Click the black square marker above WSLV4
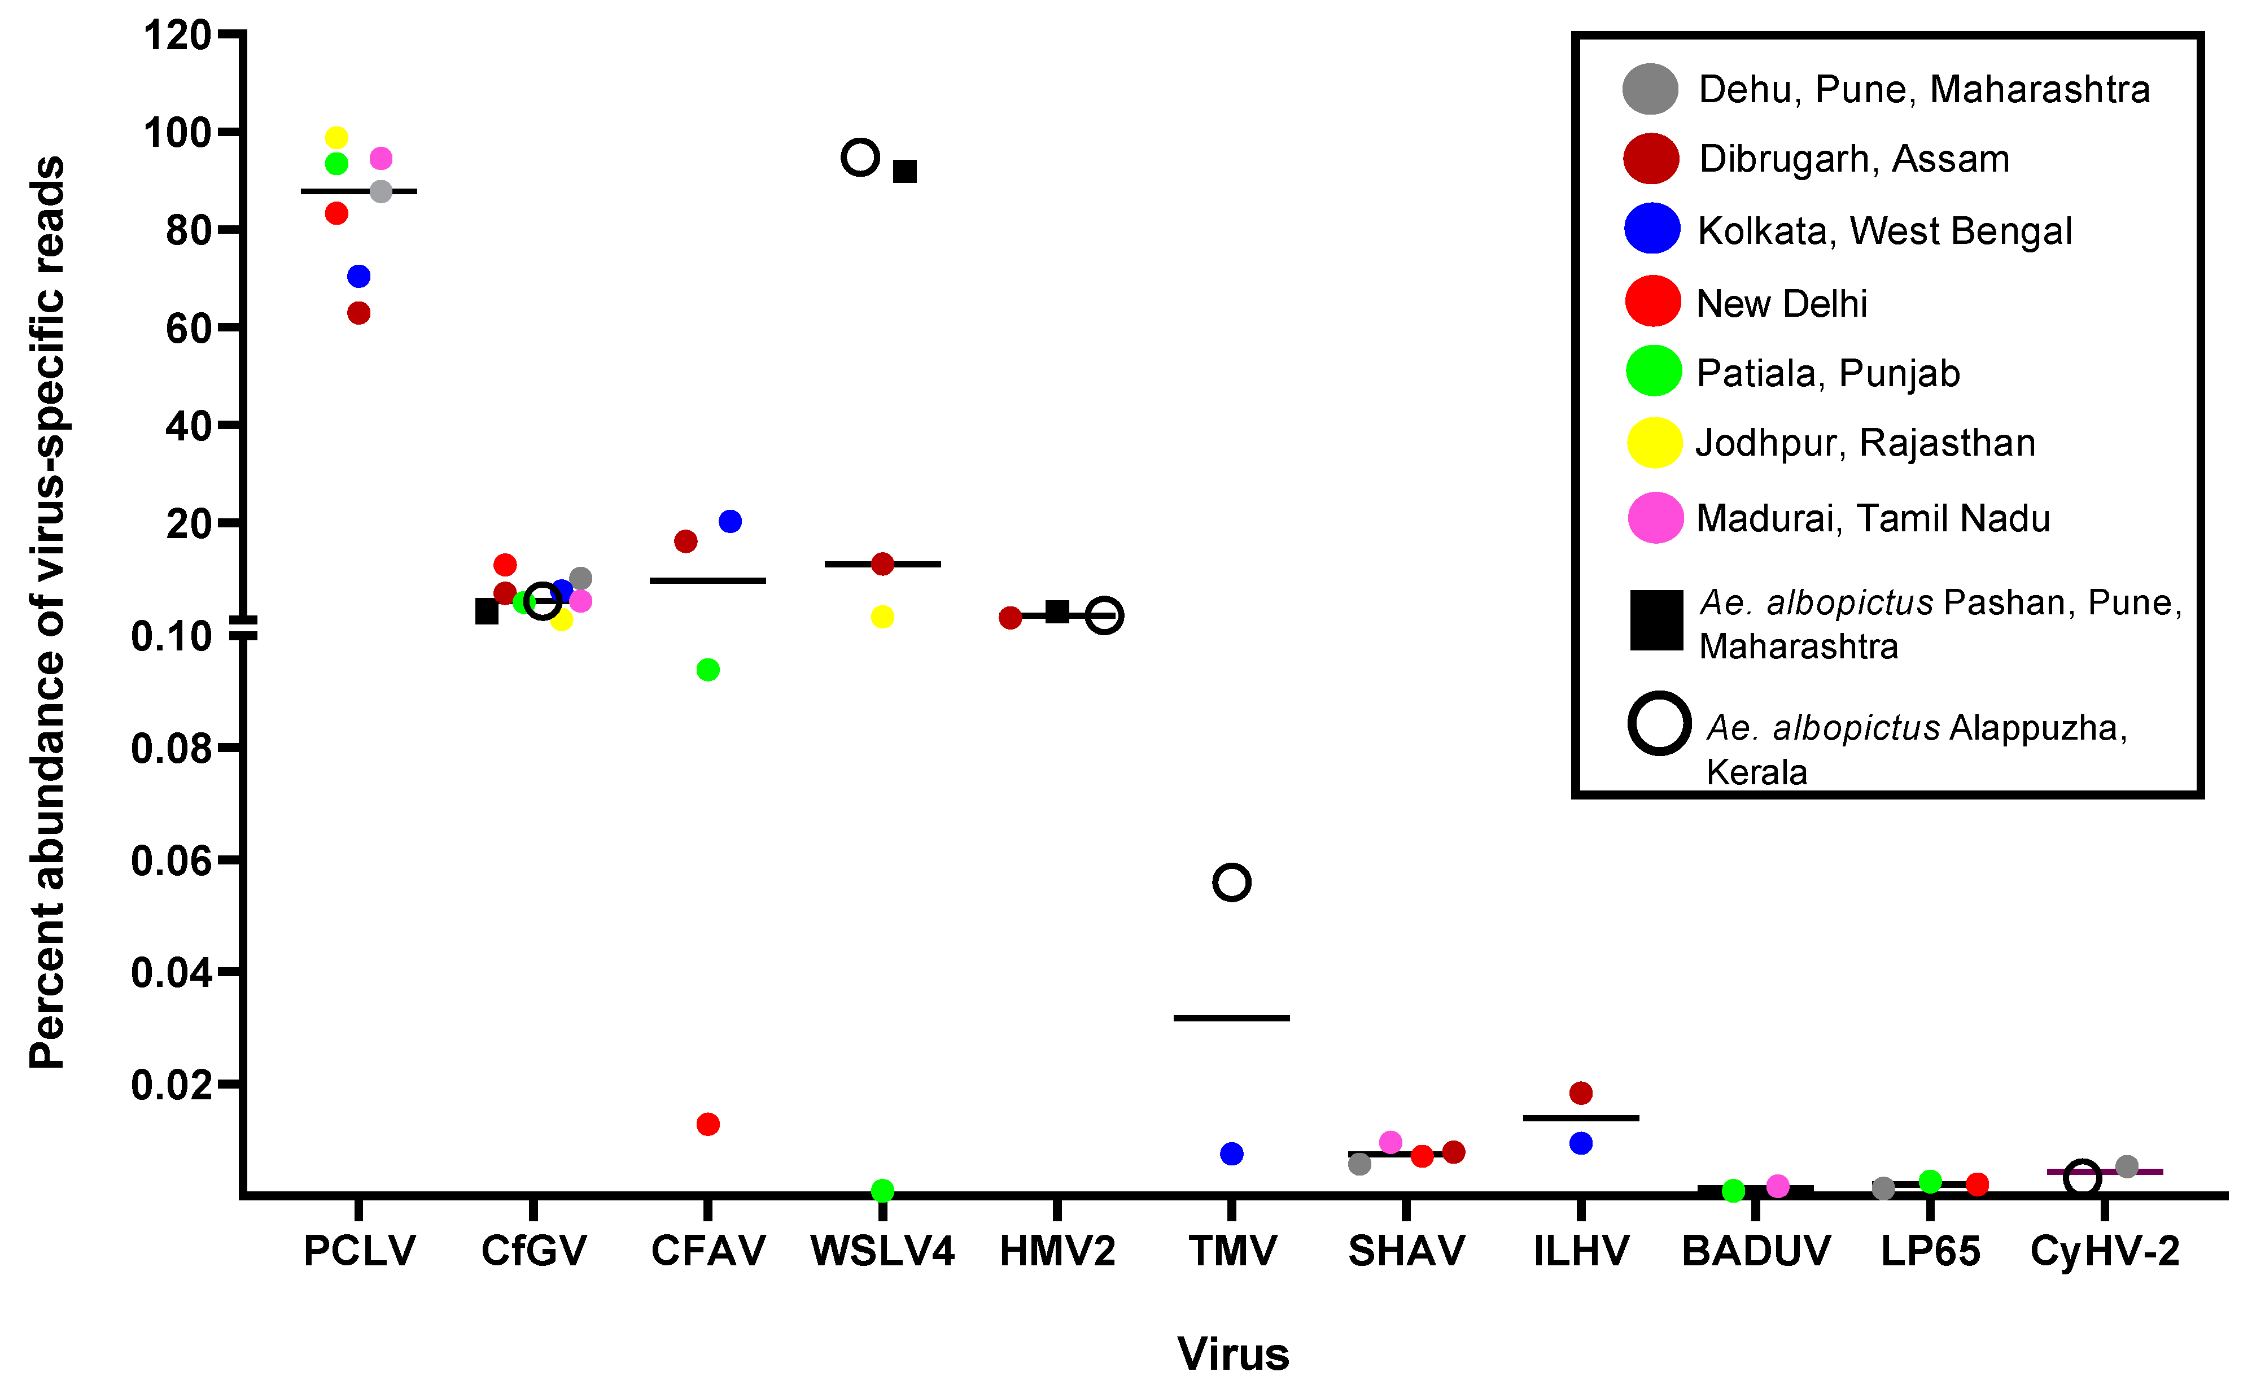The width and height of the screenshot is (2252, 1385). coord(905,171)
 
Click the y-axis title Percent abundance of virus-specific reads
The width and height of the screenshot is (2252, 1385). coord(47,614)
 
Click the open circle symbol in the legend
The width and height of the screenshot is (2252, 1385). coord(1659,724)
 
